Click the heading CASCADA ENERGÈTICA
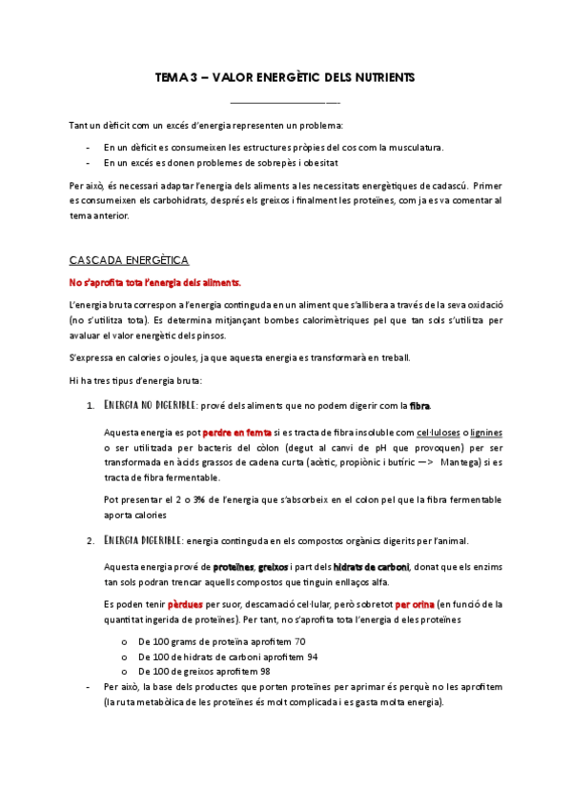tap(130, 259)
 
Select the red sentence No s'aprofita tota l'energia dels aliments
tap(155, 282)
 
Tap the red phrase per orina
tap(416, 604)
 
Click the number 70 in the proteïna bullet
tap(299, 641)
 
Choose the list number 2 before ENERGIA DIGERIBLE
tap(88, 540)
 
